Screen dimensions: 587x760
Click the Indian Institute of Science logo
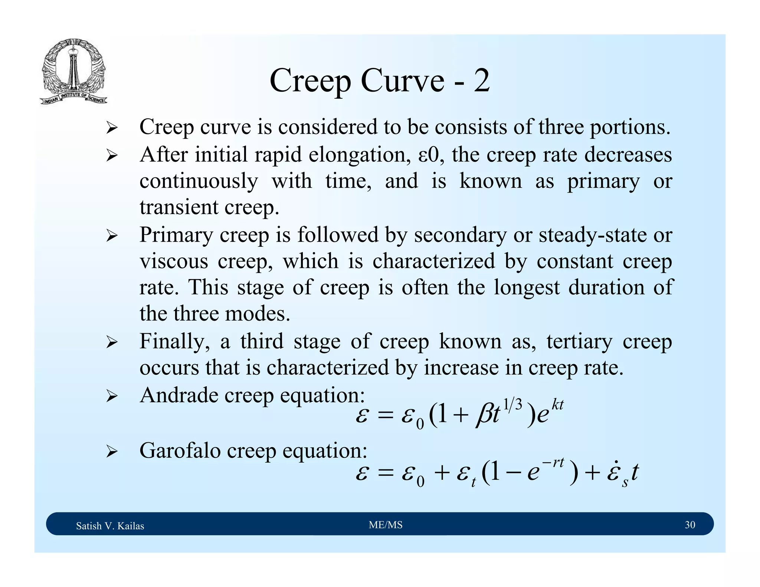tap(73, 72)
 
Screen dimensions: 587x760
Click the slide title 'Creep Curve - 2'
tap(380, 81)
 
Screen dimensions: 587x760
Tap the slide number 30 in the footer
tap(690, 525)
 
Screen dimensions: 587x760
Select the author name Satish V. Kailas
tap(110, 526)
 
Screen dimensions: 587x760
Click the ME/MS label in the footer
tap(386, 525)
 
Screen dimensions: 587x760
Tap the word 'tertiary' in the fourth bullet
tap(579, 342)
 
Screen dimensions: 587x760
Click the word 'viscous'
tap(174, 261)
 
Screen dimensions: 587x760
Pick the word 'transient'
tap(178, 207)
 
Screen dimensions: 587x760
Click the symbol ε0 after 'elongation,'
tap(429, 155)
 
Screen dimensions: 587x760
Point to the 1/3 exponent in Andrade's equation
tap(513, 404)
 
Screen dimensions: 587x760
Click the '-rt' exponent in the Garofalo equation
tap(553, 463)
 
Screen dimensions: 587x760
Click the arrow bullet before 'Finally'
tap(111, 342)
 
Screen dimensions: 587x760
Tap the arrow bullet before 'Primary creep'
tap(111, 236)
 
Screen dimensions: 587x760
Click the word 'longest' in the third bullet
tap(527, 288)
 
